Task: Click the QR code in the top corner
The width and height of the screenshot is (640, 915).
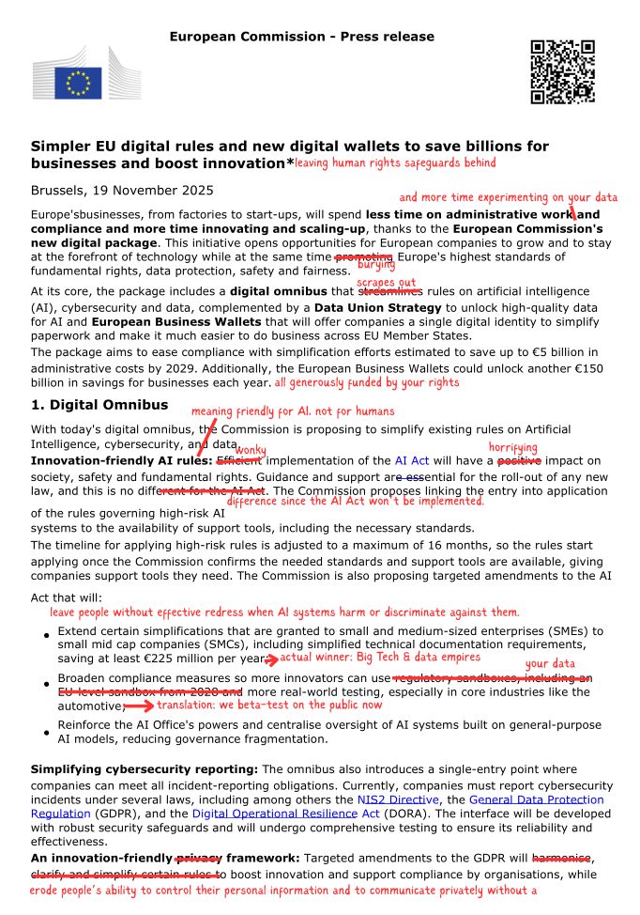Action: coord(562,71)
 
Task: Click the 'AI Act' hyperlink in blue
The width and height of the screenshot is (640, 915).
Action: coord(412,461)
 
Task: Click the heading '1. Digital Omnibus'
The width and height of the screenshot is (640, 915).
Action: coord(99,405)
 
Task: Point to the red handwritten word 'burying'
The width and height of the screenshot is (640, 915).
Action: coord(375,266)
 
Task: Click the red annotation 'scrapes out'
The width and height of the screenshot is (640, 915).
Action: coord(386,282)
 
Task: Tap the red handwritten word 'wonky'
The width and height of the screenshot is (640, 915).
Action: coord(250,451)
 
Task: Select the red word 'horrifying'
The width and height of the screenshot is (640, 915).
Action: coord(513,447)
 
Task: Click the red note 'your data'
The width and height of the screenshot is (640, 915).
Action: coord(550,664)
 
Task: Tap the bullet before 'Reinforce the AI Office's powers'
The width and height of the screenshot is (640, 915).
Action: coord(47,733)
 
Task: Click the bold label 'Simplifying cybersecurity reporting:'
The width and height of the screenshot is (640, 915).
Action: coord(145,769)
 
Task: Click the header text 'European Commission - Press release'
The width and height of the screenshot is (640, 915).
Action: coord(302,37)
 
